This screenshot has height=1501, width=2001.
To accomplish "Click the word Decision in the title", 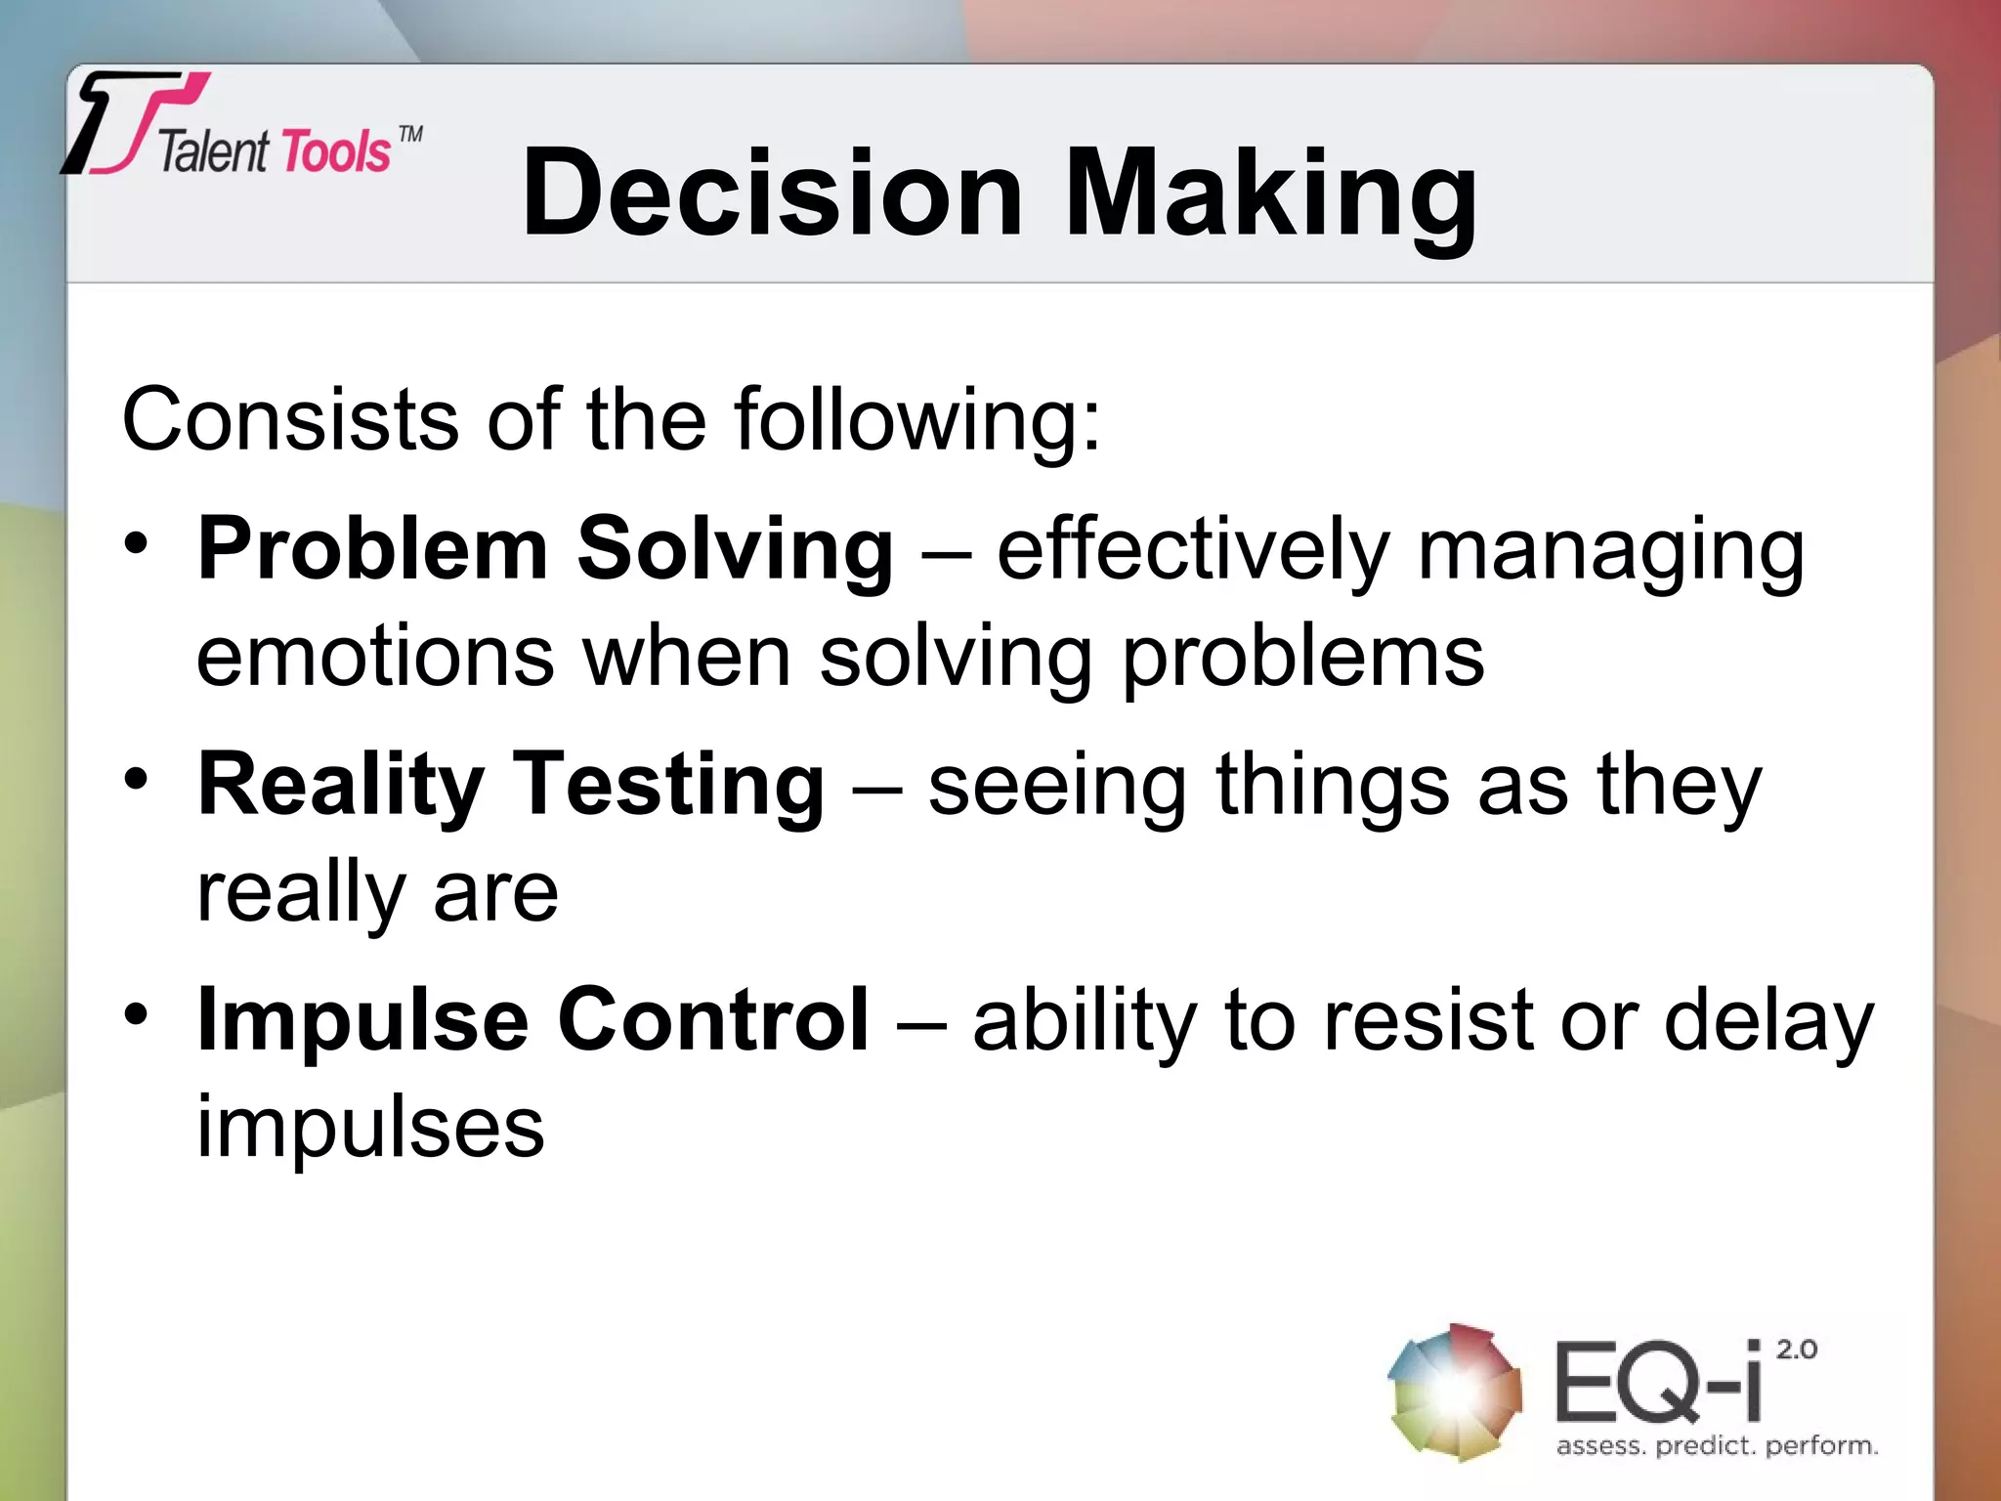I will tap(772, 193).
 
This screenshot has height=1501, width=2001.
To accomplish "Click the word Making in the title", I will tap(1270, 193).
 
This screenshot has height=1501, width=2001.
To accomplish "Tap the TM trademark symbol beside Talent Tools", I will tap(411, 134).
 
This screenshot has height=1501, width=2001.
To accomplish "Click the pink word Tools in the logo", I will tap(334, 153).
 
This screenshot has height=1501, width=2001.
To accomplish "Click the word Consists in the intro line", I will tap(289, 420).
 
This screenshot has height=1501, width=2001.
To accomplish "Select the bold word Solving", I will tap(735, 549).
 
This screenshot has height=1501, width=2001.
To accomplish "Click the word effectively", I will tap(1192, 549).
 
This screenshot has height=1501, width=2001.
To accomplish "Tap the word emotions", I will tap(375, 657).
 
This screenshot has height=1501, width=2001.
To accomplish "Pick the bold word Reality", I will tap(340, 786).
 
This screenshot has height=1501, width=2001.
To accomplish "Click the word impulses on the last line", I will tap(369, 1128).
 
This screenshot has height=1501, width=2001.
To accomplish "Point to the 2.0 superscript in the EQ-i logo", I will tap(1796, 1350).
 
